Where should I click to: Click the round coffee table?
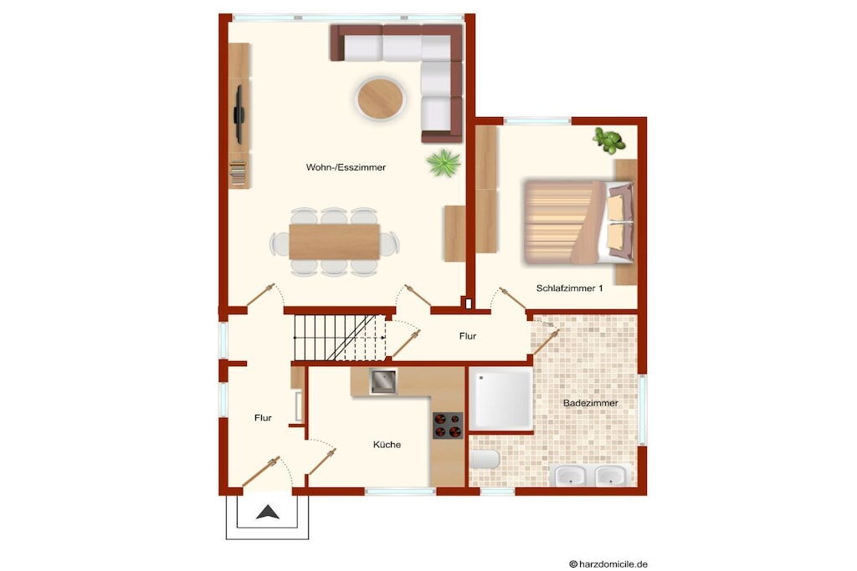click(381, 99)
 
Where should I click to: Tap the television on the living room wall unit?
click(239, 115)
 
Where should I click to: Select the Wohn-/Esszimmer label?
click(346, 167)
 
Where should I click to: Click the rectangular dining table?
click(335, 242)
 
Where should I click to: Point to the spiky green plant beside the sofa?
click(444, 163)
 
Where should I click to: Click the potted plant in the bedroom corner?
click(609, 140)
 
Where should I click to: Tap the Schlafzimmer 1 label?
click(569, 288)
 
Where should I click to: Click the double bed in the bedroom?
click(579, 222)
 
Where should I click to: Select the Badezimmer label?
click(591, 403)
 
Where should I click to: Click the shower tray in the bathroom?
click(500, 399)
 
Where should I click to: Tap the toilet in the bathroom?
click(485, 460)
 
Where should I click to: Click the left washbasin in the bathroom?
click(571, 476)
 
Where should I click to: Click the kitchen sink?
click(383, 381)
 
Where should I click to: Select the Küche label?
click(387, 445)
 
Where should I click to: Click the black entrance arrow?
click(268, 512)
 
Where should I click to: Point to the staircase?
click(340, 338)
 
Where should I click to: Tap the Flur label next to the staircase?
click(468, 336)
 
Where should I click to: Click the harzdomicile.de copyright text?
click(608, 564)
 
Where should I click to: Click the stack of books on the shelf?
click(238, 173)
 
